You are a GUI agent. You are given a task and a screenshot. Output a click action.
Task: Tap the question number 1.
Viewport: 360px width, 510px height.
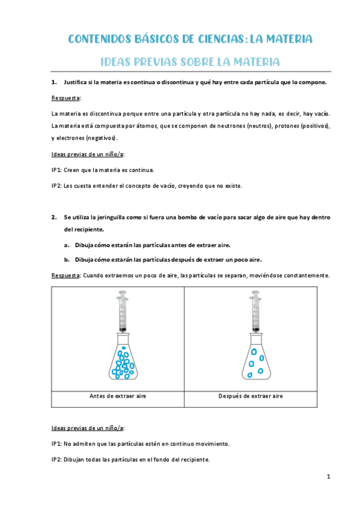point(54,82)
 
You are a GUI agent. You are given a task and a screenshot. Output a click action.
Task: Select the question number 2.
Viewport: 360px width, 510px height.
point(54,217)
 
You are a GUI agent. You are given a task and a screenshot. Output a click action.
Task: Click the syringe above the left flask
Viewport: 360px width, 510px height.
point(123,312)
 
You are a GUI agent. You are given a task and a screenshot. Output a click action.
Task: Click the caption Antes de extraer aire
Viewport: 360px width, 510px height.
point(118,396)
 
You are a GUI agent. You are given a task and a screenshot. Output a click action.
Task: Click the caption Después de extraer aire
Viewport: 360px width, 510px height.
point(251,396)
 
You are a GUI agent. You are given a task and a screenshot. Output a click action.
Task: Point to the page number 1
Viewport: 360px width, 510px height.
point(329,476)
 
